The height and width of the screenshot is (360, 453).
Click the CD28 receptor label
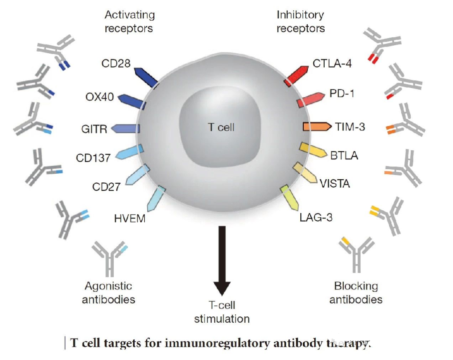click(116, 64)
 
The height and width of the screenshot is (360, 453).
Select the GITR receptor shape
click(126, 128)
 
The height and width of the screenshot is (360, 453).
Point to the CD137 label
click(93, 158)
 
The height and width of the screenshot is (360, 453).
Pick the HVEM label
click(130, 218)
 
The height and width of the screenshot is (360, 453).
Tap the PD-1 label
click(342, 94)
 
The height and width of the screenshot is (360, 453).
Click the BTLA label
click(344, 155)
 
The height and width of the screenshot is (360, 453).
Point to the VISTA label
click(335, 183)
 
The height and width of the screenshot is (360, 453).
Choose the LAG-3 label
click(316, 217)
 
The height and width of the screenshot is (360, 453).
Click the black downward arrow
click(222, 261)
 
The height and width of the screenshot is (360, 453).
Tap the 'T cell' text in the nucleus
click(221, 127)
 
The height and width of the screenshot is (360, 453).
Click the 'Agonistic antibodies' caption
click(109, 293)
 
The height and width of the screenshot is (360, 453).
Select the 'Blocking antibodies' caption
click(356, 293)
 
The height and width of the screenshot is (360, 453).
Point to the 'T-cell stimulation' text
click(221, 312)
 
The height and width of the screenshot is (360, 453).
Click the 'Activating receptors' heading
click(129, 22)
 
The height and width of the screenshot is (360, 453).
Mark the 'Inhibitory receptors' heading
click(300, 22)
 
